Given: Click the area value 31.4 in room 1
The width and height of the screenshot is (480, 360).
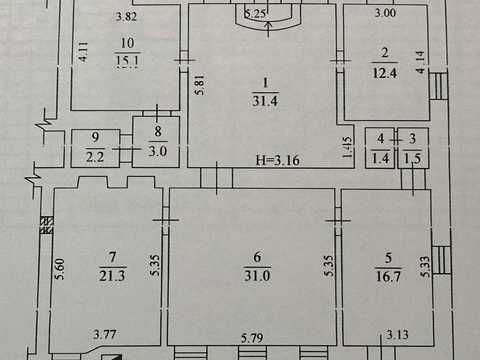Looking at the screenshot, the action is tap(265, 100).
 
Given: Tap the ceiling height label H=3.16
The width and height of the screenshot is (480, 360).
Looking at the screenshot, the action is tap(278, 160).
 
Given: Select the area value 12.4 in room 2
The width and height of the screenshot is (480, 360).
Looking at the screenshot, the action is tap(385, 73).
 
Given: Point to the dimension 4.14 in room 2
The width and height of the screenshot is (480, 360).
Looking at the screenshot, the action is tap(420, 62).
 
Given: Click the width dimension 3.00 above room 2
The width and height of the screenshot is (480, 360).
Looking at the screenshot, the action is tap(385, 13).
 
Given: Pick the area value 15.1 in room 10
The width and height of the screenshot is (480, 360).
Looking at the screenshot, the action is tap(127, 60).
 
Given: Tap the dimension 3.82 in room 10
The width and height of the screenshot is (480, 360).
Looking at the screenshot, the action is tap(126, 16).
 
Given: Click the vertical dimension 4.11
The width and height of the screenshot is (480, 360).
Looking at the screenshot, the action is tap(83, 52).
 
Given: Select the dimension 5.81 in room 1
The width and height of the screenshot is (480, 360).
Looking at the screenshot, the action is tap(199, 85).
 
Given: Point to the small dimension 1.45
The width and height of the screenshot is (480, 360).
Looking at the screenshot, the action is tap(347, 147).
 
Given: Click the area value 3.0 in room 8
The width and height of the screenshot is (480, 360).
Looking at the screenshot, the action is tap(157, 151).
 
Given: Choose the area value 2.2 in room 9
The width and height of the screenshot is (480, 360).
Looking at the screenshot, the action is tap(95, 156).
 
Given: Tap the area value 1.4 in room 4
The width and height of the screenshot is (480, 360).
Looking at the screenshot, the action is tap(380, 158).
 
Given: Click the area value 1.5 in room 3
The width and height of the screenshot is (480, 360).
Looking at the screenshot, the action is tap(412, 158).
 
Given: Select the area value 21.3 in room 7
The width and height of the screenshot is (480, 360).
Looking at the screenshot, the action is tap(112, 276).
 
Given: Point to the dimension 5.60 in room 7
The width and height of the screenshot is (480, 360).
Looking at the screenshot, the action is tap(59, 269).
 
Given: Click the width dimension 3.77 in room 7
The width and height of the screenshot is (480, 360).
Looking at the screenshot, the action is tap(105, 334).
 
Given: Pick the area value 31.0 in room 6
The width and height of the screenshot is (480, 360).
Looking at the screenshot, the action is tap(257, 276).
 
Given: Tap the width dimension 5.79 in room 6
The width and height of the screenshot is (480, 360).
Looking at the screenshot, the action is tap(252, 338).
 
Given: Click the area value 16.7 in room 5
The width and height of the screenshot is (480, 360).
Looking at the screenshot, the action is tap(388, 276).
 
